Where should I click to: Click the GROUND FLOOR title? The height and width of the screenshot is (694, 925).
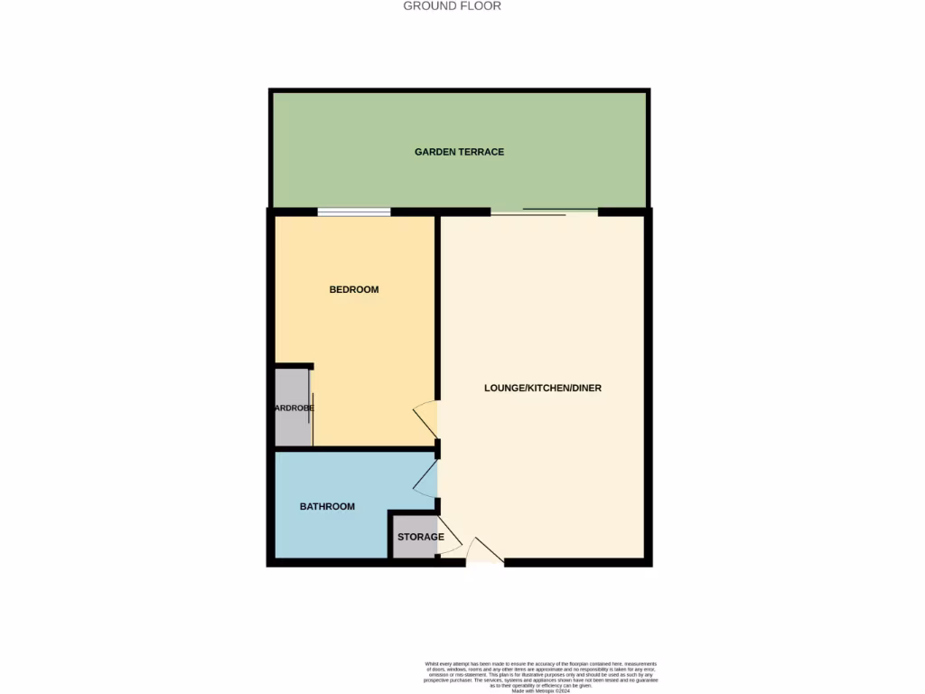click(452, 6)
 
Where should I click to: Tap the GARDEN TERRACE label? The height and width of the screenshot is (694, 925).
click(459, 152)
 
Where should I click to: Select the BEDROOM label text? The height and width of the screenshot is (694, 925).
click(353, 290)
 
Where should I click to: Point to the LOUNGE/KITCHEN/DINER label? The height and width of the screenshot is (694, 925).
click(542, 389)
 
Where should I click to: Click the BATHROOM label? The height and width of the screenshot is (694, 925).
click(327, 507)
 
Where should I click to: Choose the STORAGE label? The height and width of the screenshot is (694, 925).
click(420, 537)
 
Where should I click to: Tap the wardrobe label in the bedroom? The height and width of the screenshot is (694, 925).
click(294, 408)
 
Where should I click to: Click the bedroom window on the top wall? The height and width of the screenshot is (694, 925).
click(353, 212)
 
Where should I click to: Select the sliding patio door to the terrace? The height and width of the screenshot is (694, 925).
click(545, 212)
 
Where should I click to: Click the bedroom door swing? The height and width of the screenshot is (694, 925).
click(427, 417)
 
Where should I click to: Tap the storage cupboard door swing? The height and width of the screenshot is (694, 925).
click(449, 539)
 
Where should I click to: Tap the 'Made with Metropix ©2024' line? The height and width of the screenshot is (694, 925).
click(540, 690)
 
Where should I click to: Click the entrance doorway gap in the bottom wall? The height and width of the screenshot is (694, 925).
click(485, 564)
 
